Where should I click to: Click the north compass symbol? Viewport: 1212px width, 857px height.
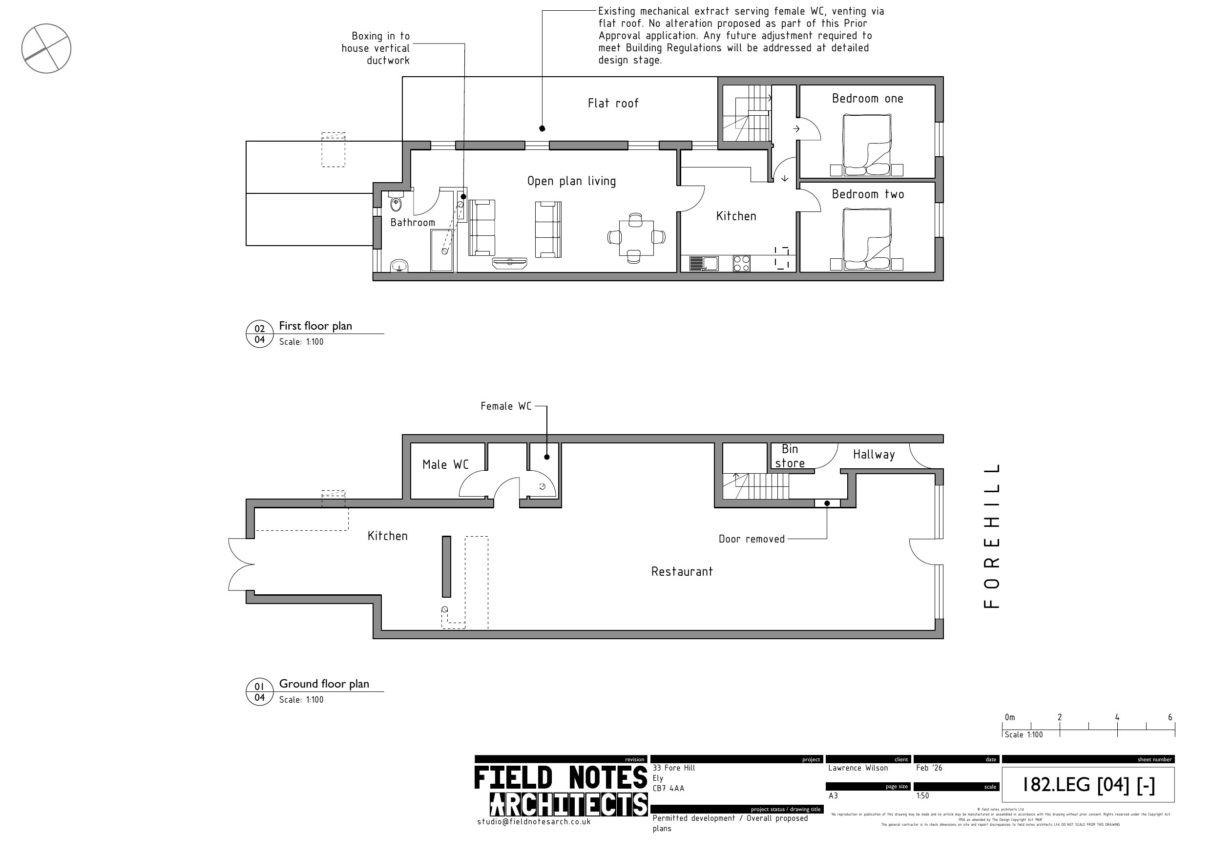coord(46,48)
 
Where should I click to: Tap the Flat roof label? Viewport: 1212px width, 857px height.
coord(613,104)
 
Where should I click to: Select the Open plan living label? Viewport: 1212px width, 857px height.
coord(571,181)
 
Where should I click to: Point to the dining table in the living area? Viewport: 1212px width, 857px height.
coord(636,238)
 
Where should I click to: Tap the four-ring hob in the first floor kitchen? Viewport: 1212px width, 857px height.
coord(741,263)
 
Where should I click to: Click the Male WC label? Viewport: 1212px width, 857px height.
coord(445,465)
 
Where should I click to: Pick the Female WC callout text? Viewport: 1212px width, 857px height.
coord(505,406)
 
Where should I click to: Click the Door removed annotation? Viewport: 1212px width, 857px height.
coord(751,539)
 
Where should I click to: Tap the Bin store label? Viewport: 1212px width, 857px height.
coord(790,456)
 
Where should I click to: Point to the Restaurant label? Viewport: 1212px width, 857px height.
coord(682,571)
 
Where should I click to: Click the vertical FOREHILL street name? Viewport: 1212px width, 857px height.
coord(992,536)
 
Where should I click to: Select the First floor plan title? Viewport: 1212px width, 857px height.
coord(315,326)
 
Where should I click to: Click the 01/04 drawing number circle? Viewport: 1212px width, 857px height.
coord(259,692)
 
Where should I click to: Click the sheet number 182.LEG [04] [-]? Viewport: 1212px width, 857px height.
coord(1088,785)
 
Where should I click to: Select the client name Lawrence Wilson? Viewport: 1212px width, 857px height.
coord(858,768)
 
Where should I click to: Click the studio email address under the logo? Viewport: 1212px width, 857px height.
coord(534,822)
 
